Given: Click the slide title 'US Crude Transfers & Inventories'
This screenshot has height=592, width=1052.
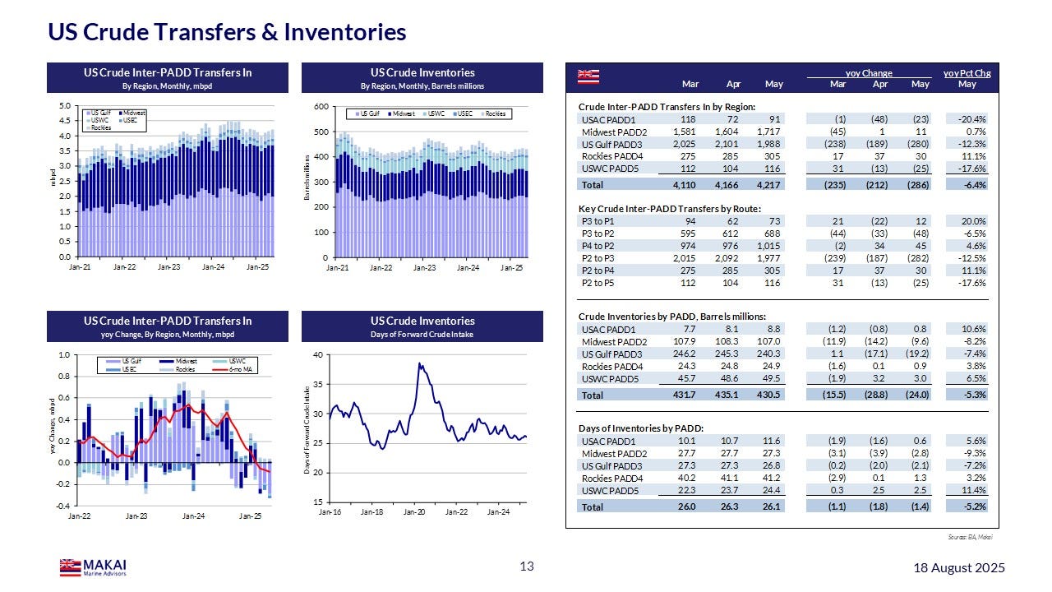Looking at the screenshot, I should [x=227, y=32].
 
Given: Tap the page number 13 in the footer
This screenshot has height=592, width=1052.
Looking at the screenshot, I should [x=527, y=566].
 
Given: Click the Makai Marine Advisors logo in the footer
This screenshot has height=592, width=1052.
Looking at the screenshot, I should [x=93, y=567].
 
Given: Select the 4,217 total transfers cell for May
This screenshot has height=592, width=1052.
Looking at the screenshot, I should [x=769, y=185].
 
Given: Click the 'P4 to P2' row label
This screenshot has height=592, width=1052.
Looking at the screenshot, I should [x=595, y=246].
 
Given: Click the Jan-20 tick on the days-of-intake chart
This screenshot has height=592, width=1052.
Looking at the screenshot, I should [x=414, y=511].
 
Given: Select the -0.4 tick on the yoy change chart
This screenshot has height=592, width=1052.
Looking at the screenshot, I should [x=64, y=506].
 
